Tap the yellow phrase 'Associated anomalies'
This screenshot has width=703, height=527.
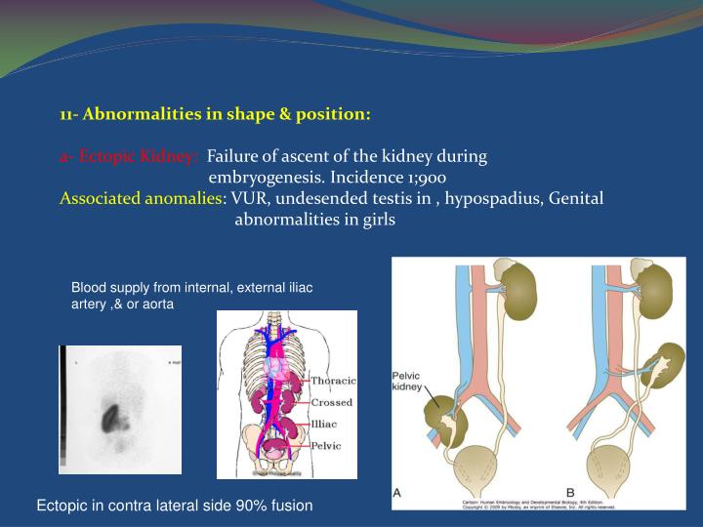(x=141, y=198)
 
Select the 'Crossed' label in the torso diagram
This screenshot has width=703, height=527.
(x=333, y=402)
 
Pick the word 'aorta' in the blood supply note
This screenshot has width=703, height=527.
(x=155, y=304)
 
